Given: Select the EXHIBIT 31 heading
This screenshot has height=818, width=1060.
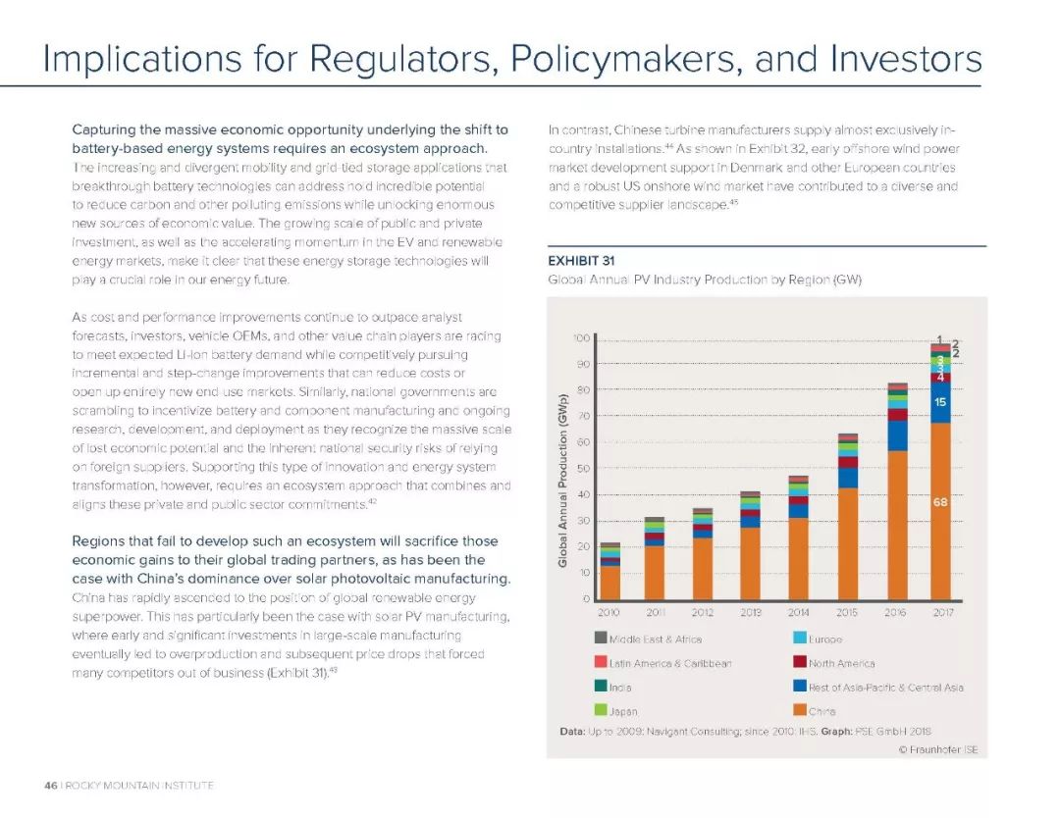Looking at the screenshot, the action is pos(581,261).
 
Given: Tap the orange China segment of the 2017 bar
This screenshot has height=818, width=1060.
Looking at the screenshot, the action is pos(941,511).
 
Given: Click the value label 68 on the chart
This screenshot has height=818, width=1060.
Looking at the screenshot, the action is pos(940,502).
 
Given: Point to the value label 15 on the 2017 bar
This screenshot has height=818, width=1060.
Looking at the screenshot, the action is pos(940,402).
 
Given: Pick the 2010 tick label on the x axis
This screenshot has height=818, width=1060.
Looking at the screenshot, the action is pos(609,612).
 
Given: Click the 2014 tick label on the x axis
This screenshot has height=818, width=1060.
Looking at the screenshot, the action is pos(798,612).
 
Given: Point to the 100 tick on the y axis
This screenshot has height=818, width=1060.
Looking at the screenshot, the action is pos(582,337).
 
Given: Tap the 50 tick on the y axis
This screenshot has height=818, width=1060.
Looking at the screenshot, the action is pos(583,468).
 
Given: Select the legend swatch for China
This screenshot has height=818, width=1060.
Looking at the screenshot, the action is pos(800,710).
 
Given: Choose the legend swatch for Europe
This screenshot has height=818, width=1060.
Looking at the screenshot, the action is pos(800,638).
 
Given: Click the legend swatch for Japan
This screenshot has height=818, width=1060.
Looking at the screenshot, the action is pos(601,710).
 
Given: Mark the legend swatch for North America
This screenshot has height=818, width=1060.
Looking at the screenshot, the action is pos(800,662).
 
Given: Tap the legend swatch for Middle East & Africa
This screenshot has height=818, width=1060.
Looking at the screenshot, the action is pos(601,638).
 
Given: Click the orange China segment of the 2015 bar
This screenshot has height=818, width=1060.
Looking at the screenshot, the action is pos(847,543).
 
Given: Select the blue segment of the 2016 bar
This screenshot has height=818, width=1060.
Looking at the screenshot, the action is pos(897,435).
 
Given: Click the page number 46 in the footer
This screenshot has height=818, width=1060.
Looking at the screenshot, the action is pos(51,785).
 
